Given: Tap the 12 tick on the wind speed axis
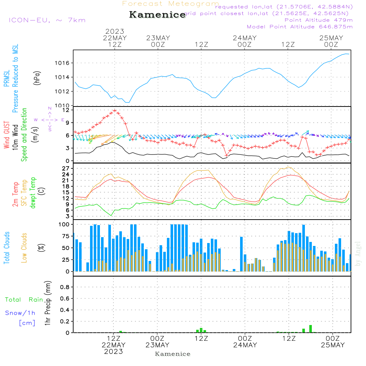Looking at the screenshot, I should (66, 110).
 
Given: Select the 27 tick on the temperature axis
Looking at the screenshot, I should (66, 168).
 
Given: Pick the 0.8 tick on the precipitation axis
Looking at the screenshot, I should (65, 287).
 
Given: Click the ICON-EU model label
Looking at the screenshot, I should (46, 20).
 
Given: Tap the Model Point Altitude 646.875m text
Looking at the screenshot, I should (299, 27).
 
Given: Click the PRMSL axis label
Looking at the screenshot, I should (7, 78).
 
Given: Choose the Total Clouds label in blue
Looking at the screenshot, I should (7, 248).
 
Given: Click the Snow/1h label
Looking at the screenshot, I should (20, 313).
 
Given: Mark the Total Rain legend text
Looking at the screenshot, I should (24, 300).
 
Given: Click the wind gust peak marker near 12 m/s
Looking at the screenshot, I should (115, 110).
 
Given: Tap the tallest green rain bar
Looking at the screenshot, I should (310, 329).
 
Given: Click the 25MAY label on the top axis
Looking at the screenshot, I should (331, 38).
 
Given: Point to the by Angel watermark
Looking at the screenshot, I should (358, 254).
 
